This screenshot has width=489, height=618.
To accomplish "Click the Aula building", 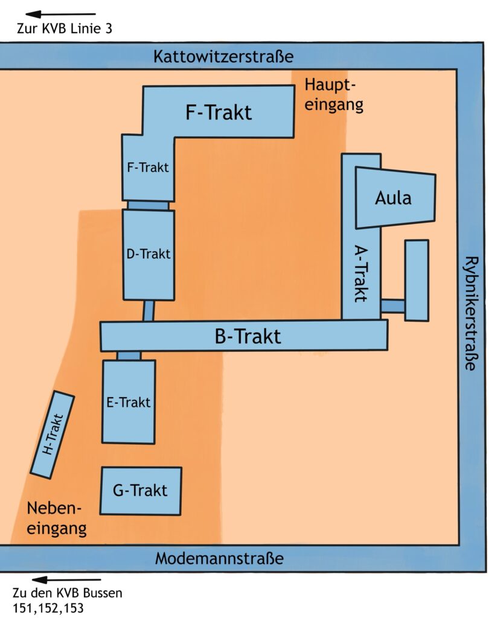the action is tap(395, 197).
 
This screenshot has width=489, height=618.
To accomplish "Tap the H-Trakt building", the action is tap(53, 435).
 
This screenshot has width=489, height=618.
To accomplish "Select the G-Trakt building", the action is tap(141, 491).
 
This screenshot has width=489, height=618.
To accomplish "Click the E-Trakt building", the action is tap(129, 401).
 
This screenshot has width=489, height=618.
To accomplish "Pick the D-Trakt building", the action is tap(149, 255).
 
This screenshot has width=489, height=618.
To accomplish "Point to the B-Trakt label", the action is tap(248, 337).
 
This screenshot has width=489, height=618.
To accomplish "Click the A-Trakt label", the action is tap(361, 273).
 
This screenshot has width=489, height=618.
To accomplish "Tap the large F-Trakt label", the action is tap(219, 112).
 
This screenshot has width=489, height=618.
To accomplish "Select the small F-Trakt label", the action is tap(147, 168).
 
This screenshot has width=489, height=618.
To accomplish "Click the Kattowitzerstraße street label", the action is tap(223, 56).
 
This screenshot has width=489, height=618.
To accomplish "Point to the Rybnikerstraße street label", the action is tap(470, 313).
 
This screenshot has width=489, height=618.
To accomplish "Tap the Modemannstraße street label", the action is tap(219, 558).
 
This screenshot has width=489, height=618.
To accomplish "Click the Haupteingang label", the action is tap(334, 95).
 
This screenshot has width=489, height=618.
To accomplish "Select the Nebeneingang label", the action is tap(56, 518).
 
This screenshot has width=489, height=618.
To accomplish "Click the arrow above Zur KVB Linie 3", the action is tap(61, 14).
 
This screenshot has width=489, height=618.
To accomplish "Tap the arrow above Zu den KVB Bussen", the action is tap(66, 579).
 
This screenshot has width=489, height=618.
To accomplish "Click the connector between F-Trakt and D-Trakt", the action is tap(149, 205).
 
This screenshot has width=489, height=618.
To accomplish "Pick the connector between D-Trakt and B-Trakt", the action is tap(149, 311).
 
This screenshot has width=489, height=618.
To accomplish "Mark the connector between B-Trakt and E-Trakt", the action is tap(129, 355).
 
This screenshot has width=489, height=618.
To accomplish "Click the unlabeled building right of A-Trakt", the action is tap(417, 280).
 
